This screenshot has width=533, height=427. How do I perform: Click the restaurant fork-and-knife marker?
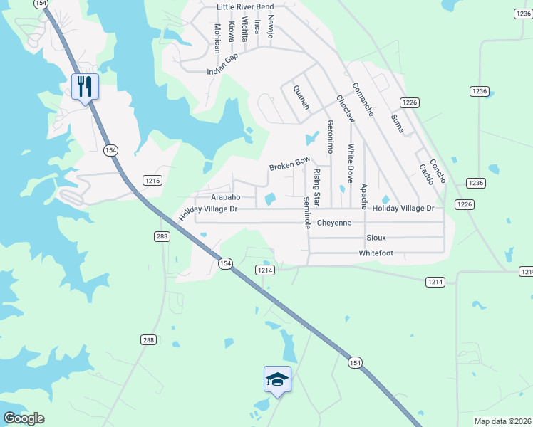click(x=85, y=87)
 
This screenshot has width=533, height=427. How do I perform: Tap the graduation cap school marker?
click(x=277, y=379)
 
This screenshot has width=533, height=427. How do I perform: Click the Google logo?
click(x=24, y=418)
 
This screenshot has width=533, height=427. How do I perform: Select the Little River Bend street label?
click(x=244, y=7)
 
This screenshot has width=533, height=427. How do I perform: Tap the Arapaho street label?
click(x=226, y=197)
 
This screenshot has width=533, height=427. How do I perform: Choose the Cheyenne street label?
click(x=334, y=223)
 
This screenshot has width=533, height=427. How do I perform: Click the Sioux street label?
click(x=376, y=238)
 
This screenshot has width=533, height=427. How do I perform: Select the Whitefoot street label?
click(x=376, y=253)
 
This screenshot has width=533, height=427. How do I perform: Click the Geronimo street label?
click(x=330, y=136)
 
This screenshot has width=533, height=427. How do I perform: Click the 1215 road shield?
click(x=152, y=181)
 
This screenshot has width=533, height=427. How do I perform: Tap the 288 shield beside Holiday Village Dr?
click(x=162, y=236)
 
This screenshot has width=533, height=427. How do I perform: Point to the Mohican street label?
click(x=217, y=38)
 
